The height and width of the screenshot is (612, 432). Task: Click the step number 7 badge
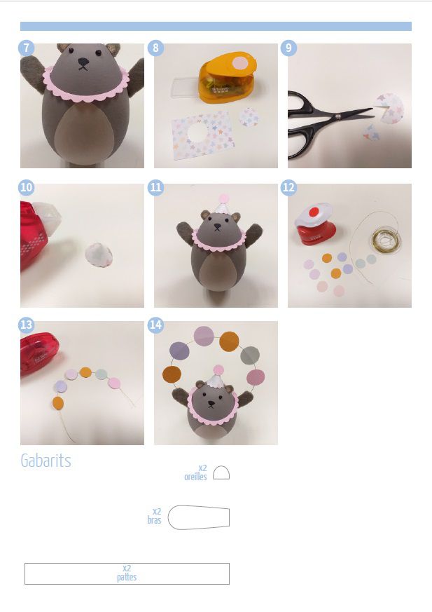[x=26, y=48]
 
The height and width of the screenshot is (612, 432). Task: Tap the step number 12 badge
[x=288, y=188]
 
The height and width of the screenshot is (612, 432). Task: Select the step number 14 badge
[x=155, y=325]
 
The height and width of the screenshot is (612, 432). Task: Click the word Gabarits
[x=46, y=461]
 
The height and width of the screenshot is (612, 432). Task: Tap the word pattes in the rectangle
[x=127, y=577]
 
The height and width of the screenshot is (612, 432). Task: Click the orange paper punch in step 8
[x=227, y=77]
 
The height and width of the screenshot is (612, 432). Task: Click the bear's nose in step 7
[x=83, y=61]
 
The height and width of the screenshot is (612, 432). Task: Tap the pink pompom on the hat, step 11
[x=223, y=198]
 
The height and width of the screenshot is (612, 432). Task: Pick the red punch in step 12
[x=315, y=224]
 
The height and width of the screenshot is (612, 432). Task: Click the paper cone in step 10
[x=99, y=254]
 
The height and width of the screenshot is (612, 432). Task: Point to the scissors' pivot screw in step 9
[x=338, y=116]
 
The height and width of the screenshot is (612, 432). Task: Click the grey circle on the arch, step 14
[x=250, y=355]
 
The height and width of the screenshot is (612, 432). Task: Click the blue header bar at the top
[x=216, y=26]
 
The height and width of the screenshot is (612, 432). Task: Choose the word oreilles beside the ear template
[x=195, y=477]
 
